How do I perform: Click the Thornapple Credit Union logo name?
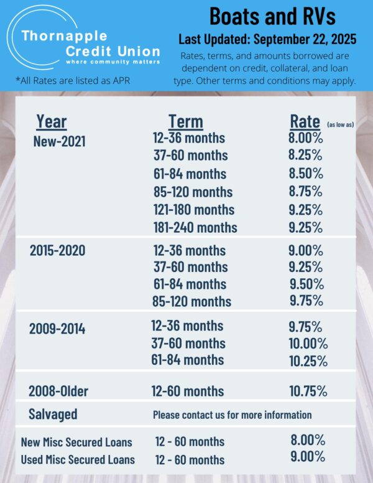coord(90,44)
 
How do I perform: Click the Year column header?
coord(51,121)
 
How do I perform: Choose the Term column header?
coord(185,121)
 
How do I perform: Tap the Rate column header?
coord(305,121)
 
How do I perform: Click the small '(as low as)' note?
coord(340,124)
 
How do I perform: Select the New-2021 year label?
coord(59,141)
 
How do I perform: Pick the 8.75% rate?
coord(306,192)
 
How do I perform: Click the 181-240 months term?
coord(195,227)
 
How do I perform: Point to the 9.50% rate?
coord(306,284)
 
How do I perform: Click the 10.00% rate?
coord(308,343)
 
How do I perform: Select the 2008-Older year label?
coord(58,392)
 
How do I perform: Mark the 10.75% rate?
coord(308,391)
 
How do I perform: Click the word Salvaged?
coord(53,414)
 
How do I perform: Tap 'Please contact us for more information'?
coord(232,415)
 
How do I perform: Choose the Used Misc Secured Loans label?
coord(77,460)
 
